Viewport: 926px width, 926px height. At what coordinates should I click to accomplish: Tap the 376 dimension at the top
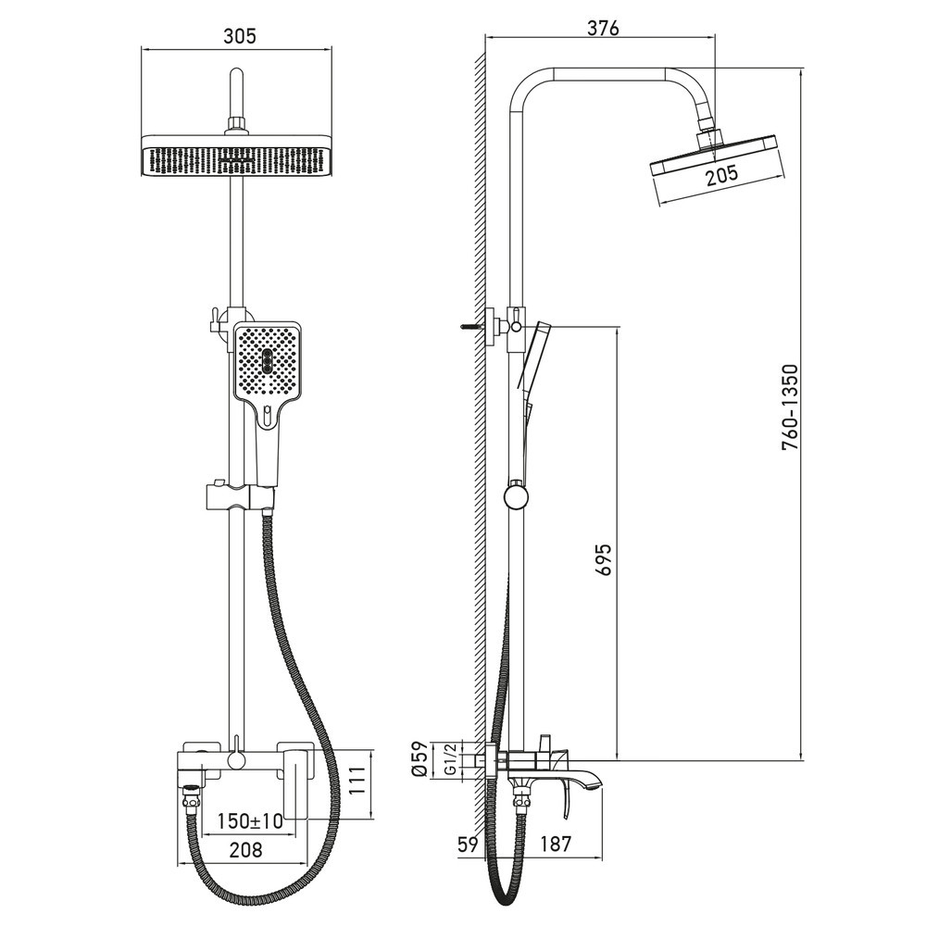click(602, 27)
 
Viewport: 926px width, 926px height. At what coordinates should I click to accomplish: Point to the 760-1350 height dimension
click(790, 407)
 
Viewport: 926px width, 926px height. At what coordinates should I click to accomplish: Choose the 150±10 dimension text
click(249, 820)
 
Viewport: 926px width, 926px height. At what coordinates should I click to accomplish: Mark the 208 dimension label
click(245, 848)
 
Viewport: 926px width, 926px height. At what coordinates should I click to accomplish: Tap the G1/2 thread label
click(449, 758)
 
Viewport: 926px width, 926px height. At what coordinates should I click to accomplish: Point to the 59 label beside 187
click(467, 844)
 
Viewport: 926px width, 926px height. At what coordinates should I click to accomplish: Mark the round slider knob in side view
click(516, 495)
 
